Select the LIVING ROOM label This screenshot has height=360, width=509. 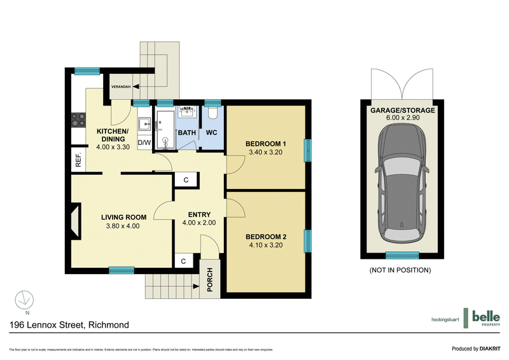[x=123, y=217]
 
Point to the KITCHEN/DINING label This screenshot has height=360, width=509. [x=113, y=132]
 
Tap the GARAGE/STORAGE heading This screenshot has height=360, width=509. [x=403, y=110]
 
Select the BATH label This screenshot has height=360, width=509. [x=186, y=133]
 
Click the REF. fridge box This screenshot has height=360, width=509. [x=78, y=161]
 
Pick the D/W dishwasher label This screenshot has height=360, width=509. [x=144, y=142]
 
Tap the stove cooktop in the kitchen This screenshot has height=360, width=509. [x=78, y=118]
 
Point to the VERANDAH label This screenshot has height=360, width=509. [x=121, y=86]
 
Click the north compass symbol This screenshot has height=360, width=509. [x=24, y=299]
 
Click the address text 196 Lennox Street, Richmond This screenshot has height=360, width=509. [x=69, y=325]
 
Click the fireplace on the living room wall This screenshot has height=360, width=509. [x=76, y=220]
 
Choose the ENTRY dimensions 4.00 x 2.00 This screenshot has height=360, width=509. [x=199, y=223]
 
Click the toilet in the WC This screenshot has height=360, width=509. [x=213, y=113]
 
